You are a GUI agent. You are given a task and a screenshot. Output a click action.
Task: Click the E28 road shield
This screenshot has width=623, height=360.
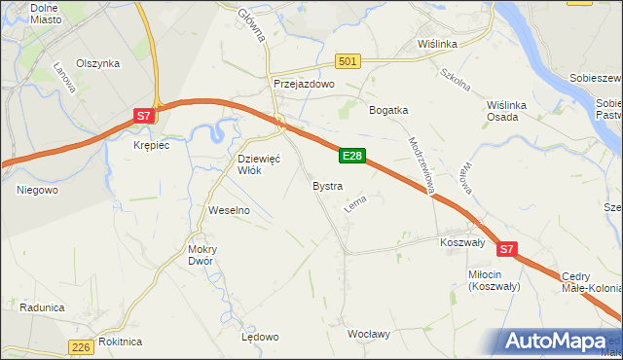pyautogui.click(x=352, y=156)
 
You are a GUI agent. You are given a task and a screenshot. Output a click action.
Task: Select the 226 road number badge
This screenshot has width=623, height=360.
pyautogui.click(x=82, y=346)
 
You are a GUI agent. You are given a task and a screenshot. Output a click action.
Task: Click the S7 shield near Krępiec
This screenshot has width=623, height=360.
pyautogui.click(x=143, y=116)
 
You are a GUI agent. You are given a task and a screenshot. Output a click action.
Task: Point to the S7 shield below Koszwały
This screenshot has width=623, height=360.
pyautogui.click(x=506, y=250)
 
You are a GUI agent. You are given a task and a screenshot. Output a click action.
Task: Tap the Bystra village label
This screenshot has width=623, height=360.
pyautogui.click(x=327, y=185)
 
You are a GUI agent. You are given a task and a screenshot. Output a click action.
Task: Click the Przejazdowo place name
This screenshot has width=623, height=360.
pyautogui.click(x=304, y=85)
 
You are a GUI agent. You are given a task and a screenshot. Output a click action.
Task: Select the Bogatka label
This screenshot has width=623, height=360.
pyautogui.click(x=387, y=110)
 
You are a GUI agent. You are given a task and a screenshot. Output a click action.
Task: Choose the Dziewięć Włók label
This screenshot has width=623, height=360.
pyautogui.click(x=259, y=163)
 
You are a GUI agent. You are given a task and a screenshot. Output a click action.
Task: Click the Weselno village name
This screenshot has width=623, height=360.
pyautogui.click(x=230, y=210)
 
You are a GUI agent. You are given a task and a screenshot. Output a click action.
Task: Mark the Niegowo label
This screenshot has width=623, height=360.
pyautogui.click(x=38, y=190)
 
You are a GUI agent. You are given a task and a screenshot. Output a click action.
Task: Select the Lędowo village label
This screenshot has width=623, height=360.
pyautogui.click(x=260, y=337)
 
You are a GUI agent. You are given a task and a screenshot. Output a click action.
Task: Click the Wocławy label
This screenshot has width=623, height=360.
pyautogui.click(x=369, y=335)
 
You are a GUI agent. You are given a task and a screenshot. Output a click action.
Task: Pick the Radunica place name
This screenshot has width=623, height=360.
pyautogui.click(x=41, y=307)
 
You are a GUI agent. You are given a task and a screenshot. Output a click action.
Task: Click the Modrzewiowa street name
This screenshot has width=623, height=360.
pyautogui.click(x=421, y=162)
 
